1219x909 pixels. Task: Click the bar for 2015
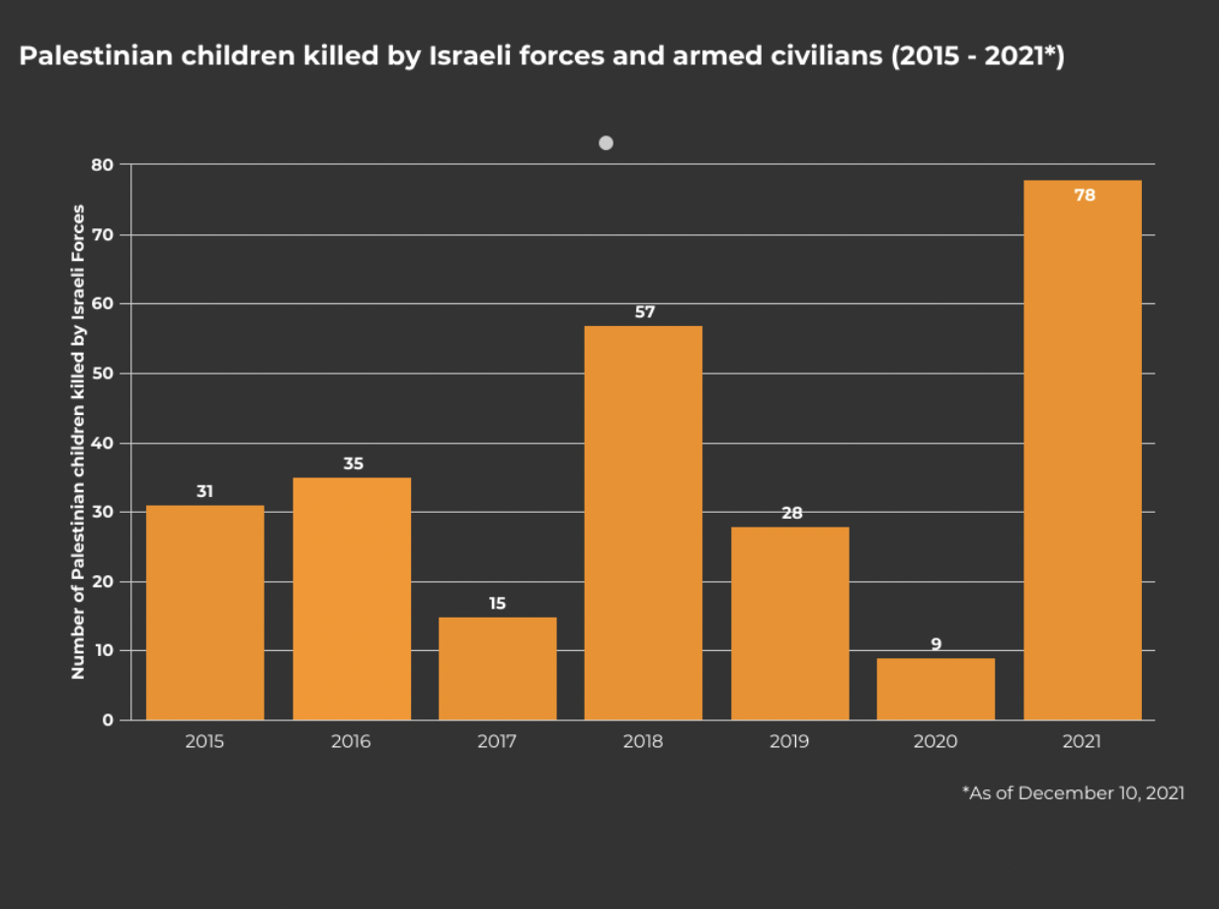tap(204, 613)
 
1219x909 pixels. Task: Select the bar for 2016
tap(352, 599)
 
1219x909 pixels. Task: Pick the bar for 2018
tap(643, 523)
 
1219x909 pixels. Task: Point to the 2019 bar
tap(789, 623)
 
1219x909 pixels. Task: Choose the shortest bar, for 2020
tap(935, 690)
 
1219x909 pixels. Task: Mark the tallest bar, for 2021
tap(1082, 450)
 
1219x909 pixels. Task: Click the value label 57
tap(644, 312)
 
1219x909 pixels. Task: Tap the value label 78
tap(1084, 196)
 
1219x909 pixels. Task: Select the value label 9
tap(935, 644)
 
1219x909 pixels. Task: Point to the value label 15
tap(497, 603)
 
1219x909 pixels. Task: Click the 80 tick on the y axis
tap(103, 165)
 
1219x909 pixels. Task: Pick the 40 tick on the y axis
tap(103, 443)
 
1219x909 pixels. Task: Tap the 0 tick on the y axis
tap(108, 720)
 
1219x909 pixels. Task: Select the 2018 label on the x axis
tap(643, 742)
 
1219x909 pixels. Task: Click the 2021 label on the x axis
tap(1082, 742)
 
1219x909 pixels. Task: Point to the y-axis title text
tap(78, 442)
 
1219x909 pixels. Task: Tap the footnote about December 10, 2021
tap(1073, 792)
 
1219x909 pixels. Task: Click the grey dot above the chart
tap(606, 143)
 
